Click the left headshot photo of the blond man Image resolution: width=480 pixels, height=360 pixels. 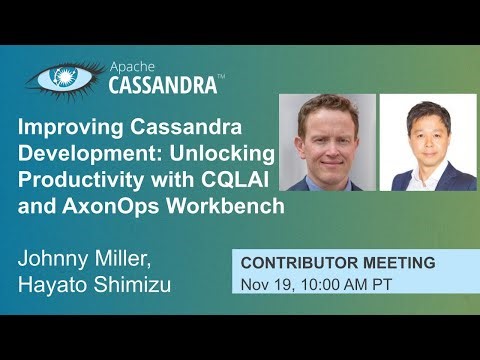(x=328, y=142)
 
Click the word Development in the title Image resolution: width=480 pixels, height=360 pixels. (x=87, y=155)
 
